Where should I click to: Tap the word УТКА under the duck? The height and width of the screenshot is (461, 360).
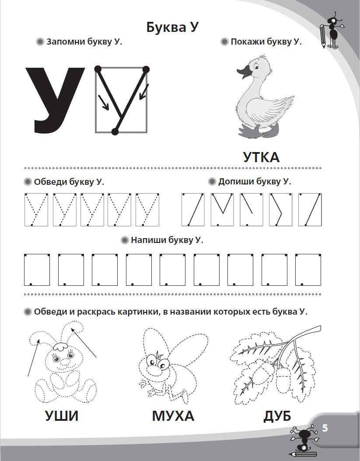pos(261,157)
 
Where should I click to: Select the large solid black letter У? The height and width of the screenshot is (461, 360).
pos(55,100)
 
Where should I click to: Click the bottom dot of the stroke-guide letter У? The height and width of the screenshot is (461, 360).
pos(115,131)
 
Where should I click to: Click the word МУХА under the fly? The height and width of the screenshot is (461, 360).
pos(173,416)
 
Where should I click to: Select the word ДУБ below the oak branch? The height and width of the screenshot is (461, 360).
pos(277,416)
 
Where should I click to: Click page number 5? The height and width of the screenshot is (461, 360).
pos(325,428)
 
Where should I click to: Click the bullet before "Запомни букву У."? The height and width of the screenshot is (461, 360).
pos(40,42)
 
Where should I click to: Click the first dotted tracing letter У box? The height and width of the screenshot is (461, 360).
pos(36,209)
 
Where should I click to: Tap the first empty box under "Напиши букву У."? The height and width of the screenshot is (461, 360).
pos(36,269)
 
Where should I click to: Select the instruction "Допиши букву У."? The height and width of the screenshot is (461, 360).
pos(255,181)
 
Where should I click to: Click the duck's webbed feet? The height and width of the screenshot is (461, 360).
pos(259,130)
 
